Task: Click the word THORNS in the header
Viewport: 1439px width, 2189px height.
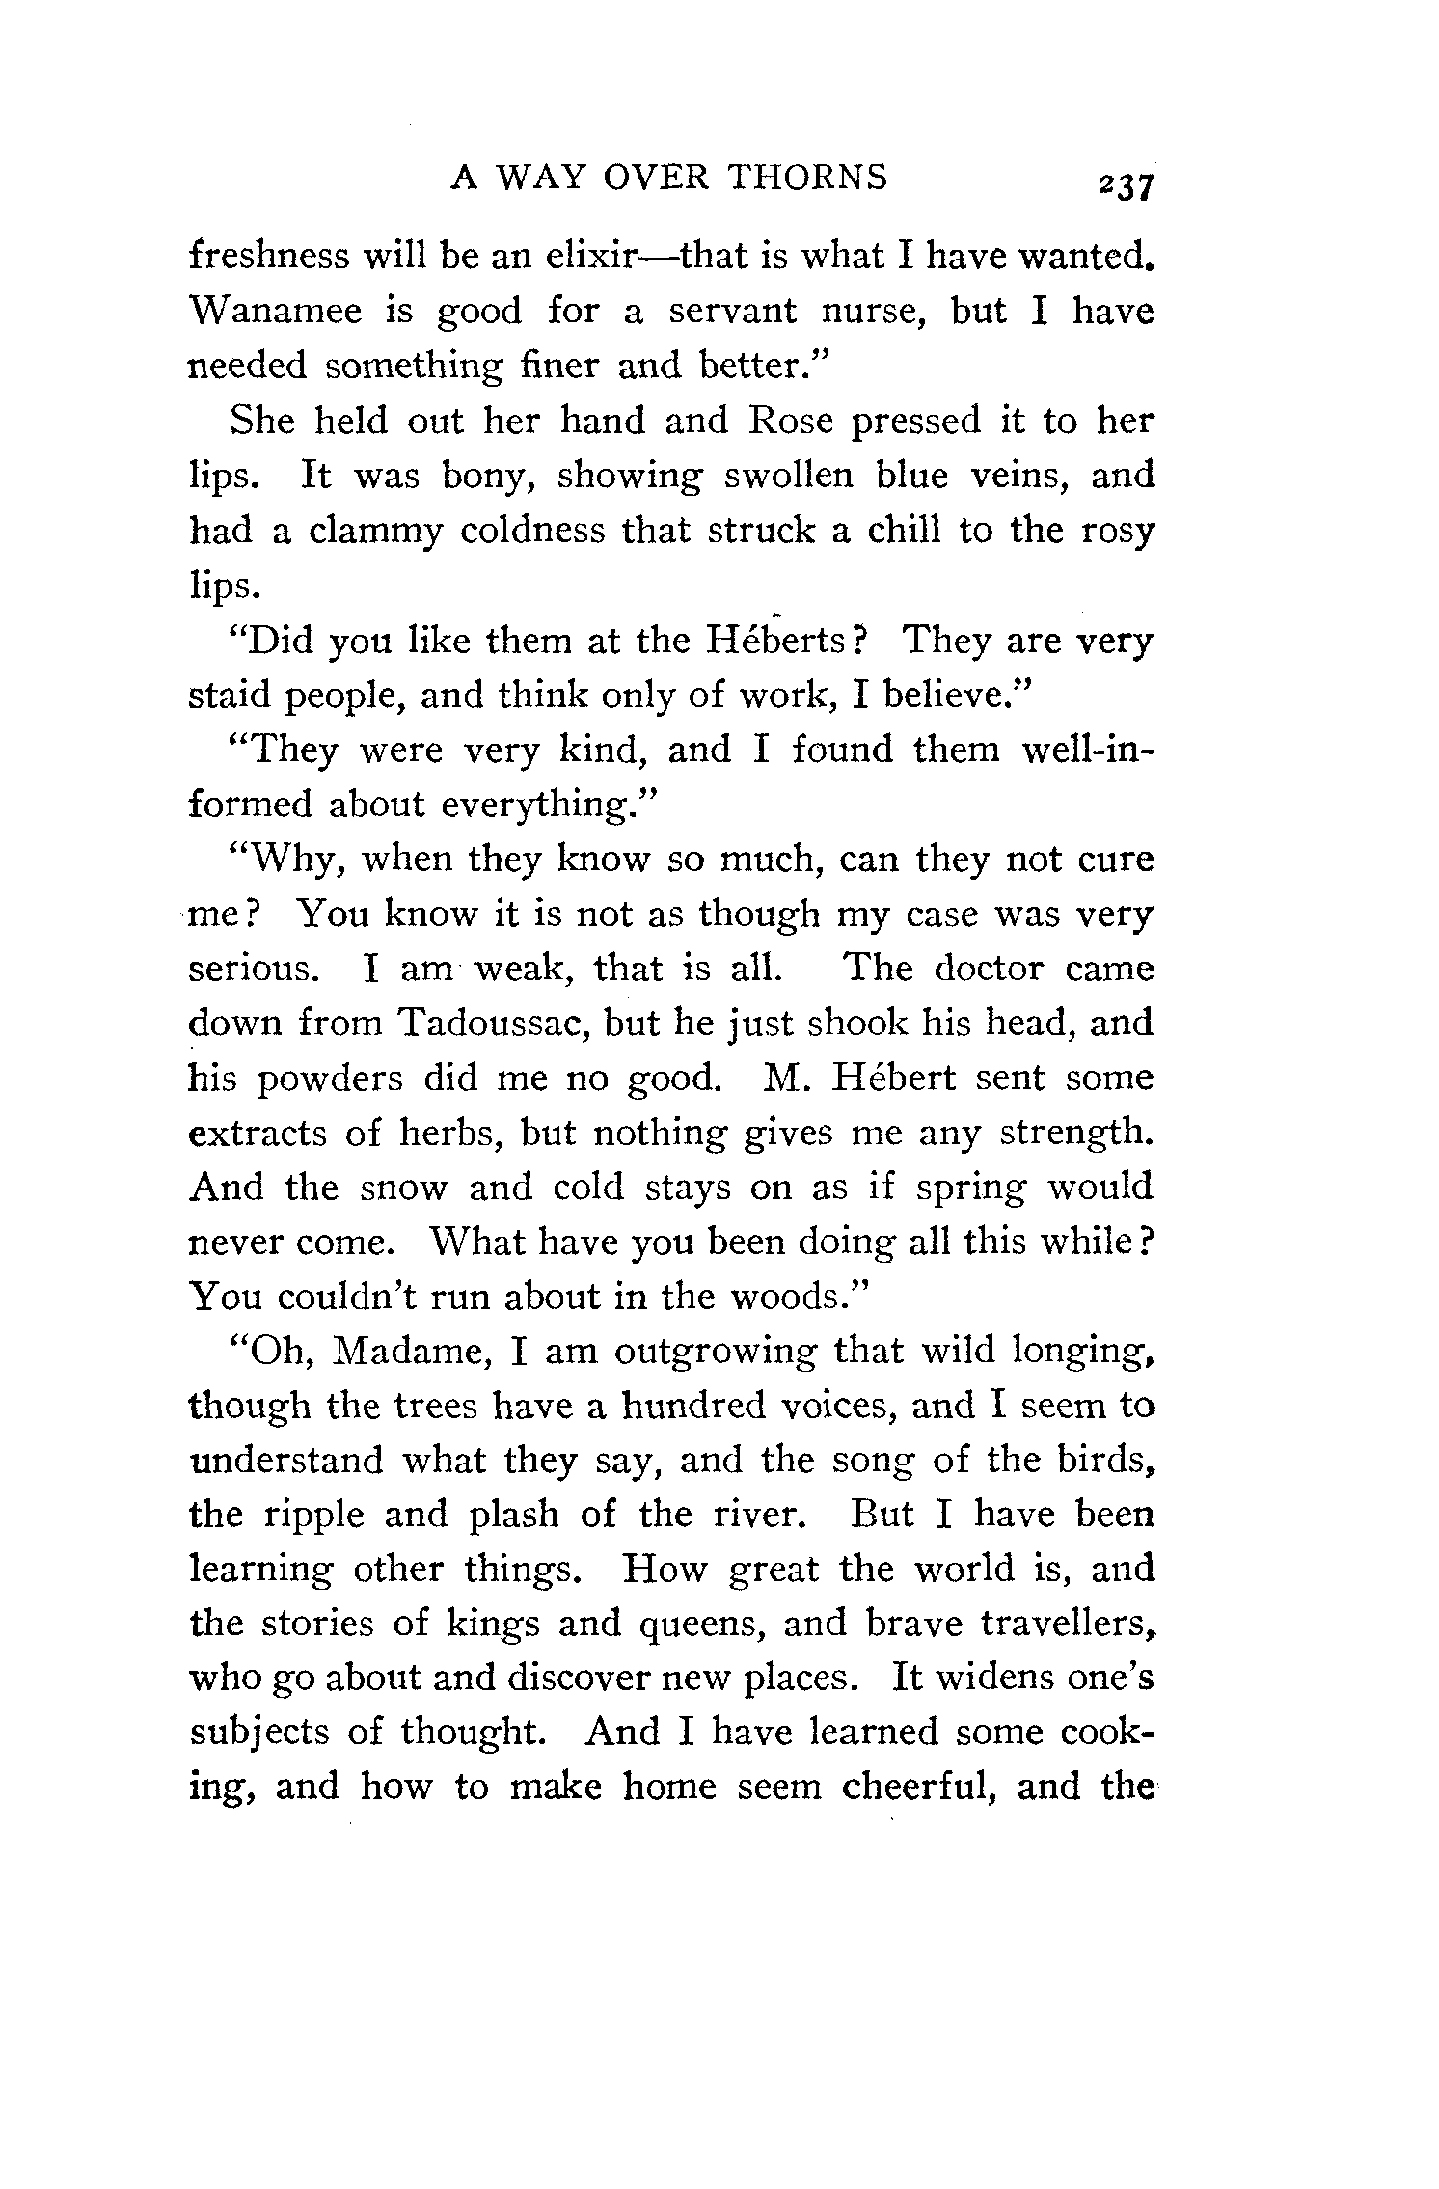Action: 806,178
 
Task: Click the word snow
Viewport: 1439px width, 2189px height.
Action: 403,1188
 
